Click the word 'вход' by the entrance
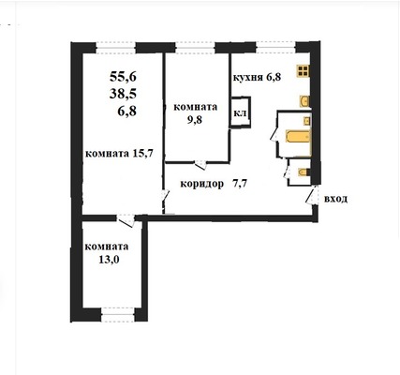point(336,199)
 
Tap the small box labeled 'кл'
point(239,114)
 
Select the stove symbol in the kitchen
point(303,70)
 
